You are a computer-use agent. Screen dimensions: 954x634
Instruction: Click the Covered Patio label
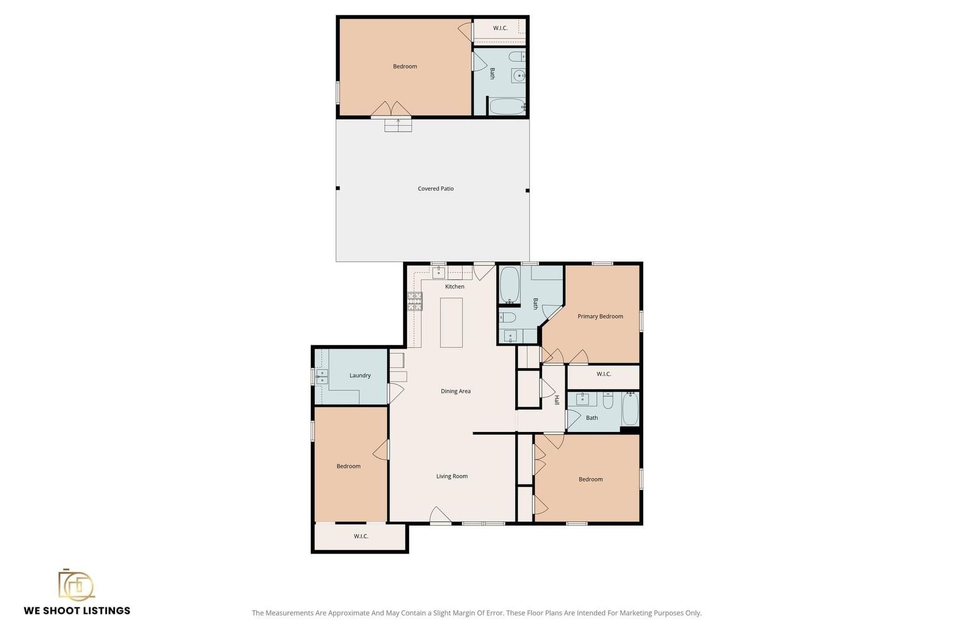tap(435, 188)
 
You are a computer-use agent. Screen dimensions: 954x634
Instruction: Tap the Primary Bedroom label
tap(600, 316)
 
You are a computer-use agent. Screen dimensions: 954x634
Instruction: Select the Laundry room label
tap(360, 375)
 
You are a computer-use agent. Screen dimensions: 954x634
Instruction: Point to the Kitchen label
tap(454, 287)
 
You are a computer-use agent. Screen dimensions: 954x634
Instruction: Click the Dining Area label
tap(456, 391)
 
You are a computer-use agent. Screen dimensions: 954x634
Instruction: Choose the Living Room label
tap(451, 476)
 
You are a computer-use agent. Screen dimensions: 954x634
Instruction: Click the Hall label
tap(557, 400)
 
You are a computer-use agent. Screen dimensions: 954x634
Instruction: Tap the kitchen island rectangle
tap(451, 322)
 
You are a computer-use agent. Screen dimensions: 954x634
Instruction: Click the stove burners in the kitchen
tap(415, 302)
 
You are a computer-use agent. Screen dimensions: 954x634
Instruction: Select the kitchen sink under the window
tap(438, 272)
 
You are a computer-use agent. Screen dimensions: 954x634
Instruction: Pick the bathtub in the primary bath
tap(509, 284)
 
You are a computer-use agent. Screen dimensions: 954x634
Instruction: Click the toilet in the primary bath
tap(507, 317)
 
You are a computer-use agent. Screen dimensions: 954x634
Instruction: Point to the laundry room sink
tap(321, 376)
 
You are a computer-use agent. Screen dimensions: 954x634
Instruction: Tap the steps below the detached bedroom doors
tap(398, 125)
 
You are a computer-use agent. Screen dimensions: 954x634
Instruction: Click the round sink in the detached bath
tap(519, 76)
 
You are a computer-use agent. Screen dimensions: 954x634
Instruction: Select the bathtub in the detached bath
tap(507, 107)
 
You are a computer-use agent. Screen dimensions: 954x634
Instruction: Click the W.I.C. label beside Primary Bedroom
tap(603, 374)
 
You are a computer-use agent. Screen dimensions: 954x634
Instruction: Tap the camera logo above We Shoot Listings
tap(76, 585)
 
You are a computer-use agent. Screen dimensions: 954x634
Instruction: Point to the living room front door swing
tap(440, 514)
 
